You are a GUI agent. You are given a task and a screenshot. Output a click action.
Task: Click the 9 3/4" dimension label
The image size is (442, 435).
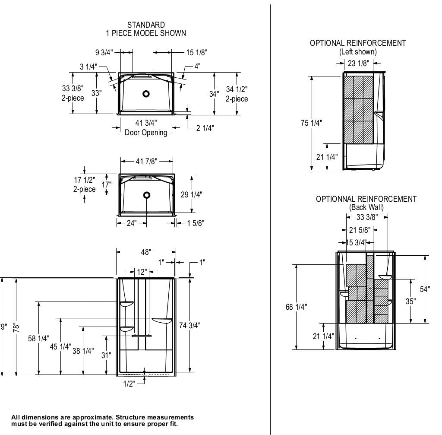coord(104,52)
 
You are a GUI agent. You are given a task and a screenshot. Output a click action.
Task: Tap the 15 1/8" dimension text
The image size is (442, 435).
coord(197,52)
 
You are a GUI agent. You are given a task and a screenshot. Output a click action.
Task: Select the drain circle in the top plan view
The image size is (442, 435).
coord(146,93)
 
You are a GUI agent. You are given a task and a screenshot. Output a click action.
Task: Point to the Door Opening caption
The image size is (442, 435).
coord(146,133)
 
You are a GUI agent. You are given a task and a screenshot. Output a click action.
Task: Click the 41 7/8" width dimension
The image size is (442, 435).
coord(146,161)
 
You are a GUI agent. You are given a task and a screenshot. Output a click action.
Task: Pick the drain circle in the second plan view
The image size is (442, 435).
coord(147,195)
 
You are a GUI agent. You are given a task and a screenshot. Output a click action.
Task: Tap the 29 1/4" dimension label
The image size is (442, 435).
coord(191,195)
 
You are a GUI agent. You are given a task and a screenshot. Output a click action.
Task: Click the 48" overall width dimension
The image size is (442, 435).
coord(146,252)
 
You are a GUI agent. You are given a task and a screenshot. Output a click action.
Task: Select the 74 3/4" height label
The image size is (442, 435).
coord(190,325)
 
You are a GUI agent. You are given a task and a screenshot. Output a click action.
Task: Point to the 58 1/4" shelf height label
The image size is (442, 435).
coord(39,338)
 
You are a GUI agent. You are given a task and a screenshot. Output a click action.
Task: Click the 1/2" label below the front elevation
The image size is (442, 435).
coord(129,384)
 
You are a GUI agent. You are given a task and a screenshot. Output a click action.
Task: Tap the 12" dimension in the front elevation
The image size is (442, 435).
coord(142,272)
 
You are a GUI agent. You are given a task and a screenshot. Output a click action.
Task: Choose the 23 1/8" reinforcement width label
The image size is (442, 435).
coord(358,64)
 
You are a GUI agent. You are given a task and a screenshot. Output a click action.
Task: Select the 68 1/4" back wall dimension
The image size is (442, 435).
coord(297,307)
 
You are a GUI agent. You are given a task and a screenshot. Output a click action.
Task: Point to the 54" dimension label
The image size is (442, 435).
coord(425,289)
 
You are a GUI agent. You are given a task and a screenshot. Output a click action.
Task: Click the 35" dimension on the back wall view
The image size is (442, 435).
coord(410,301)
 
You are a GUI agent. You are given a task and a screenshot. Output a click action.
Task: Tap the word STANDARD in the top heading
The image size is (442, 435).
coord(146,25)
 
